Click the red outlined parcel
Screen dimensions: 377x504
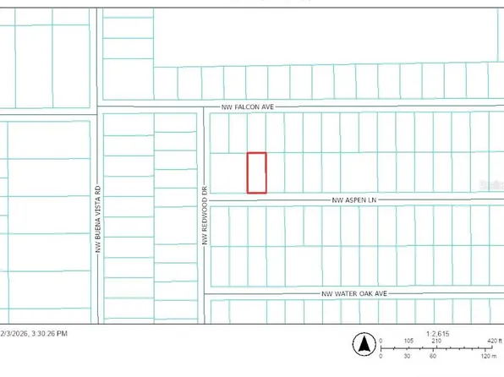[256, 172]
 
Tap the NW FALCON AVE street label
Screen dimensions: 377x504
[249, 107]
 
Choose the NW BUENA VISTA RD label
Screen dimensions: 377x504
[97, 220]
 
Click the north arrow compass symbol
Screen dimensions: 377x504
[364, 344]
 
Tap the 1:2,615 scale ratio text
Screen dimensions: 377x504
[438, 333]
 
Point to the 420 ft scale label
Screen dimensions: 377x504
[493, 341]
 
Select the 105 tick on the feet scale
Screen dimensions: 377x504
[409, 341]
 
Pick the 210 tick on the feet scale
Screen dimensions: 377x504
[437, 341]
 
